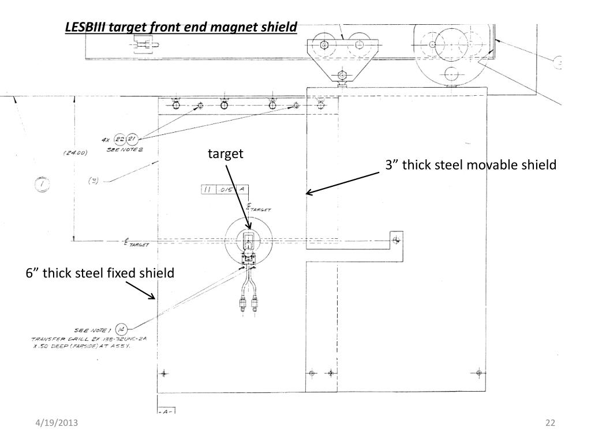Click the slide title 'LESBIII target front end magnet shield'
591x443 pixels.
pos(181,27)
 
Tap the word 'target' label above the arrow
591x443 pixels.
pos(226,153)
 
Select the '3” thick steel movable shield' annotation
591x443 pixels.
pos(471,166)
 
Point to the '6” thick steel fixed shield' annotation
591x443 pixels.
pos(100,273)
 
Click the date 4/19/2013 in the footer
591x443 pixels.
pos(55,424)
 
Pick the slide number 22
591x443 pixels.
pos(549,424)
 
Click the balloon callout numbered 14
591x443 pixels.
pos(121,329)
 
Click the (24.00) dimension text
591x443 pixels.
pos(75,153)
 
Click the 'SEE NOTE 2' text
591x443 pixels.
pos(125,148)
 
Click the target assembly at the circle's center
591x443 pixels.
pos(248,241)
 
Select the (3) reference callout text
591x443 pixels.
pos(93,181)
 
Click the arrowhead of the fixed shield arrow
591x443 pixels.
pos(154,297)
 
